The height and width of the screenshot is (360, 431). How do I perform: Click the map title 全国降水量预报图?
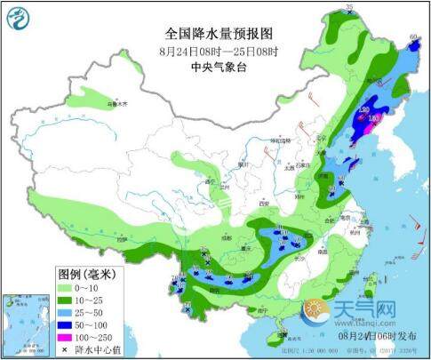coord(217,33)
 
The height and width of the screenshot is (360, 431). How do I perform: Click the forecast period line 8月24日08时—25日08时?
coord(217,50)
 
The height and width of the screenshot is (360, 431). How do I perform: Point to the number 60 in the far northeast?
coord(412,37)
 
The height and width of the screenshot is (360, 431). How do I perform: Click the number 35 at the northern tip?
coord(349,8)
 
